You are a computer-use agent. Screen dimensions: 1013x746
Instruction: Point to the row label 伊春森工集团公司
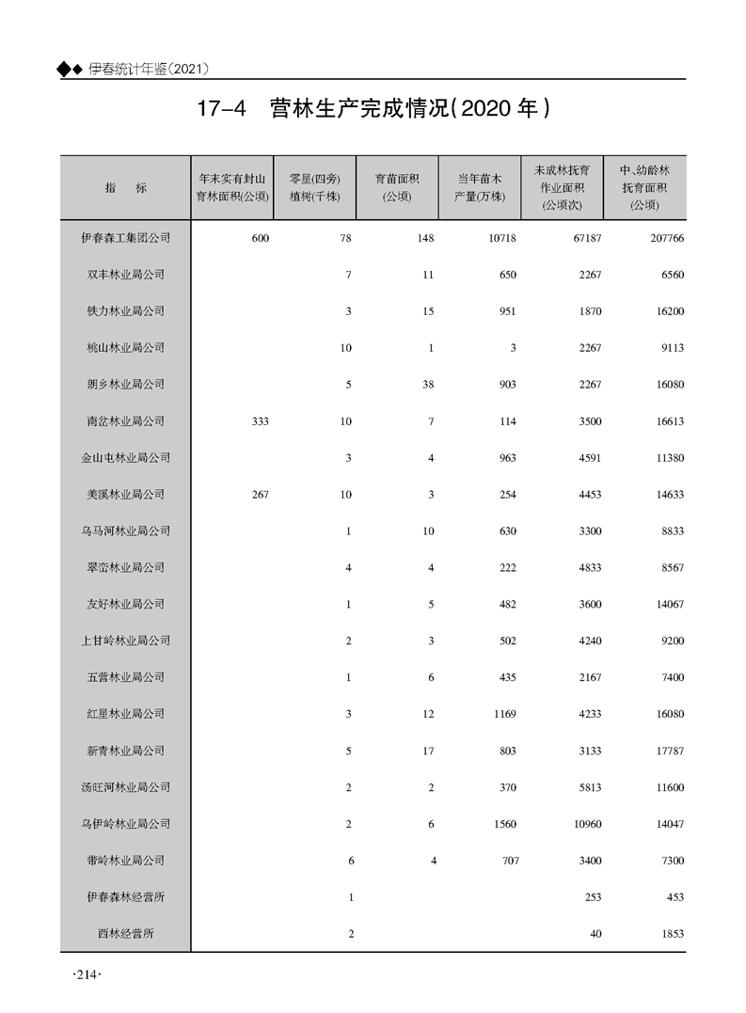[125, 238]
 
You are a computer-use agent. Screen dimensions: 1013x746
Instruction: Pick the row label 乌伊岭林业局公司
[125, 824]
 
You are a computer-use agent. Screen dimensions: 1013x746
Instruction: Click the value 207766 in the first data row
[665, 238]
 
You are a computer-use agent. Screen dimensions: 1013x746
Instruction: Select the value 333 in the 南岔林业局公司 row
[260, 421]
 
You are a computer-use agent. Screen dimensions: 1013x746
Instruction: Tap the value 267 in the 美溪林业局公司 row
[260, 495]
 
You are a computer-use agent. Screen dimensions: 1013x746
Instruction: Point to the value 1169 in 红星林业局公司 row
[504, 714]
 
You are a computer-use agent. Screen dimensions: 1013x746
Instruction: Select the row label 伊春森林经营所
[125, 897]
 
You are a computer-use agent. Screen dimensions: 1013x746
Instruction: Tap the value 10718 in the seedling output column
[502, 238]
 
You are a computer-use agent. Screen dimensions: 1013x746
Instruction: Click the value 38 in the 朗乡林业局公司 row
[428, 385]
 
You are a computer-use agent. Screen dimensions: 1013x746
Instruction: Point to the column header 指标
[125, 187]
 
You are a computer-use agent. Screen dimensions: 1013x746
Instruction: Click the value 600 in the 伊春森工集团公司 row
[260, 238]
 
